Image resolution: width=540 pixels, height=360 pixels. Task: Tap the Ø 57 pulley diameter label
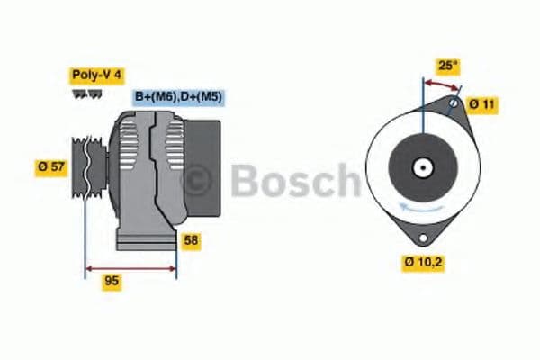[51, 167]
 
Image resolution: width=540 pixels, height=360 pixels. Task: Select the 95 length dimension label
[112, 282]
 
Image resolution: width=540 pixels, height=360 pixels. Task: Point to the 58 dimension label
[191, 240]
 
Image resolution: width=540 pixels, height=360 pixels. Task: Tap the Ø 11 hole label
[482, 104]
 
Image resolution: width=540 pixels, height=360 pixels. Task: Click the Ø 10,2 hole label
[422, 263]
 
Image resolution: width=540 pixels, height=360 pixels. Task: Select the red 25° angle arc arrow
[441, 83]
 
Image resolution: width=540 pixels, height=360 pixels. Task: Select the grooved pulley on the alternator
[85, 166]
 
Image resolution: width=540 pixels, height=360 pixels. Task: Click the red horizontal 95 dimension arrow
[130, 267]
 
